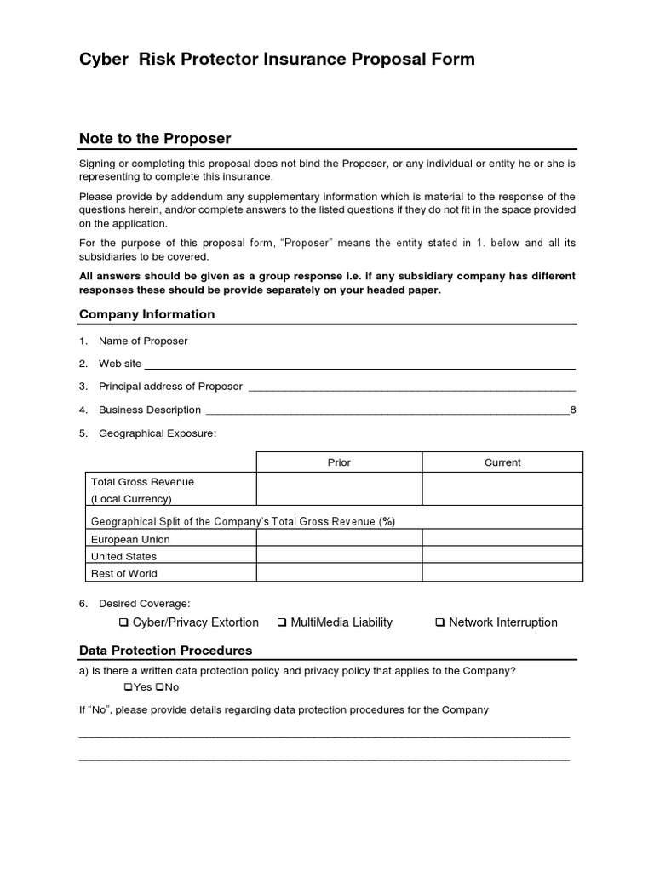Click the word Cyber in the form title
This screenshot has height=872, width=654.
point(102,60)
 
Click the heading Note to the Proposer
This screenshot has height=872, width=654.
point(154,139)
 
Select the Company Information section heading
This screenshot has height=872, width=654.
point(146,314)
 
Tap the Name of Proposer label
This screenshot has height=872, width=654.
point(143,341)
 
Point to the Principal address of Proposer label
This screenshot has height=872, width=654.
point(170,387)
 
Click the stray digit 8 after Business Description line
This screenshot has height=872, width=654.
point(573,410)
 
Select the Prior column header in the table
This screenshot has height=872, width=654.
point(339,462)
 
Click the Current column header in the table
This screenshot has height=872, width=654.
point(502,462)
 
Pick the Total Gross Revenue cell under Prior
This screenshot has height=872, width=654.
point(339,490)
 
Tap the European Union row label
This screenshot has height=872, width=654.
point(130,539)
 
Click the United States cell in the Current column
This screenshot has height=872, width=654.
point(502,556)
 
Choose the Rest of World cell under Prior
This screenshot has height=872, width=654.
point(339,573)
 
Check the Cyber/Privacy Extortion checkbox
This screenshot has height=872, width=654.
point(124,623)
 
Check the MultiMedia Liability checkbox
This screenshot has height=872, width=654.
point(282,623)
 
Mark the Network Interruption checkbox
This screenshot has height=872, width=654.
point(440,623)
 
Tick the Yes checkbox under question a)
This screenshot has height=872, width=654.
point(129,687)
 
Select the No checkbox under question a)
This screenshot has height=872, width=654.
point(159,687)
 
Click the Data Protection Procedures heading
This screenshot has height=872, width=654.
point(165,651)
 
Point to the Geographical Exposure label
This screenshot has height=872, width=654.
point(158,433)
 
